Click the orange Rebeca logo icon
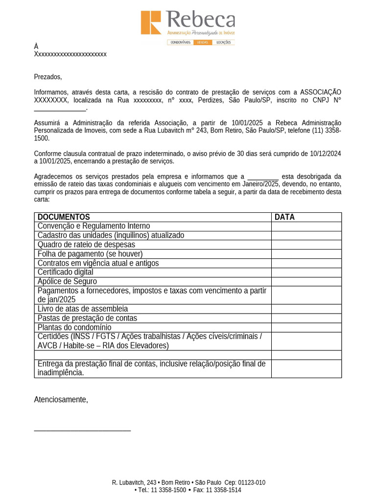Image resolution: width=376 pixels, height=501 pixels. tap(151, 23)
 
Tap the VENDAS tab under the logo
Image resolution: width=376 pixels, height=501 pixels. tap(203, 43)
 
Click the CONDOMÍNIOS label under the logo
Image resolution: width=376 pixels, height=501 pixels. tap(180, 43)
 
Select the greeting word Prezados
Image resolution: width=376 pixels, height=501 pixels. tap(47, 77)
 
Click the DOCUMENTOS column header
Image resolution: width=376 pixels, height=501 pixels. tap(64, 217)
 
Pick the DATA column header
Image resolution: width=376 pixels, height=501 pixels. tap(284, 217)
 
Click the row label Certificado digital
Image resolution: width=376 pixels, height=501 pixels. tap(65, 272)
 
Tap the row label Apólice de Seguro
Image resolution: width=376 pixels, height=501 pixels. tap(67, 281)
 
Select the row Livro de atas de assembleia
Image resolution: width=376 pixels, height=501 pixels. tap(82, 309)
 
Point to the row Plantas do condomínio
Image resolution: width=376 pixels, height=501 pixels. tap(74, 327)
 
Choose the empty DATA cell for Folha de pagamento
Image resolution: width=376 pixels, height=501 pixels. tap(306, 254)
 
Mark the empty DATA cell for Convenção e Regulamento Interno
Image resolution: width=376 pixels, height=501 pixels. tap(306, 227)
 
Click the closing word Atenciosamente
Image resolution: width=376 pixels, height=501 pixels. tap(61, 400)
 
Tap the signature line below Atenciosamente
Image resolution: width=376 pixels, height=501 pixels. tap(82, 431)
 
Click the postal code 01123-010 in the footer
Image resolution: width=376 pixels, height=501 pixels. tap(251, 482)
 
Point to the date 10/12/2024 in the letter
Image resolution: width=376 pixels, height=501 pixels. tap(325, 154)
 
